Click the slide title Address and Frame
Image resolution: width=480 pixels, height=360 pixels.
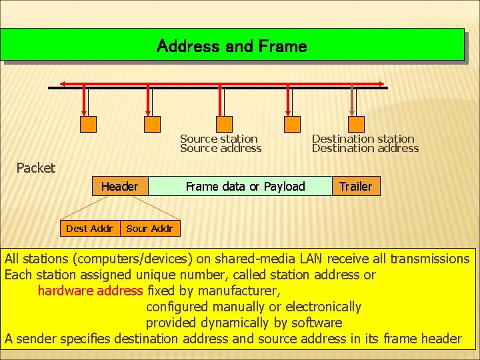tap(231, 46)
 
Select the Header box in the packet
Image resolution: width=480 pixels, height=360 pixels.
tap(119, 186)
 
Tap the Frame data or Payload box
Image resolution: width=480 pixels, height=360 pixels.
tap(245, 186)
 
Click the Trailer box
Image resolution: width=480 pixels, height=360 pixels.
tap(356, 186)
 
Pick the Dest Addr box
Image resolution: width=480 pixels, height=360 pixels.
tap(89, 229)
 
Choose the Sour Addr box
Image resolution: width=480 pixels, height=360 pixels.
tap(149, 229)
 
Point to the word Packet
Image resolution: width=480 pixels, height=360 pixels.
tap(36, 168)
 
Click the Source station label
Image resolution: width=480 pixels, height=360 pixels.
tap(219, 139)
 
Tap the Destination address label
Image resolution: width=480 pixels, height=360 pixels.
tap(365, 149)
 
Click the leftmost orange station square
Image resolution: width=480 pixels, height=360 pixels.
tap(88, 123)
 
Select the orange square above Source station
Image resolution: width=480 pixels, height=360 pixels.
tap(225, 123)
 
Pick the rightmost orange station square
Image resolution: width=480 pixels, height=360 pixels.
tap(357, 123)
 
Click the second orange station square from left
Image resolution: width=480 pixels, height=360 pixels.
tap(153, 123)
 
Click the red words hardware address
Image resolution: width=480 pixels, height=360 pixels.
tap(90, 291)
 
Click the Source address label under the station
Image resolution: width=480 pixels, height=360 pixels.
tap(221, 149)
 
